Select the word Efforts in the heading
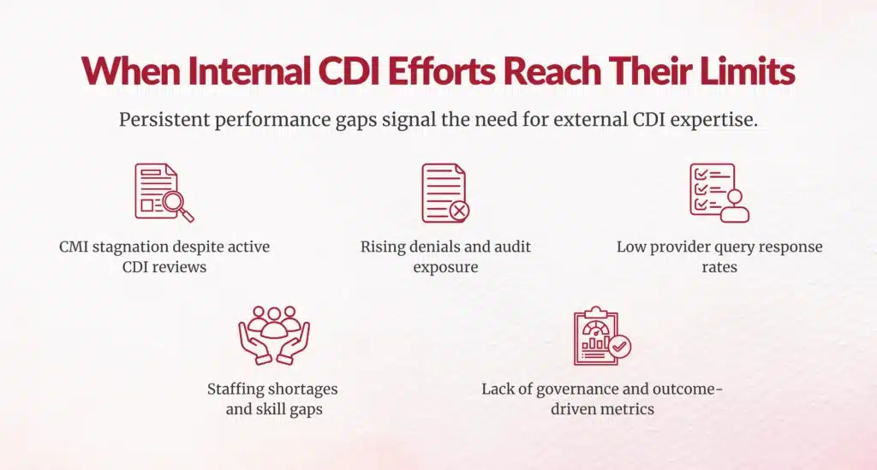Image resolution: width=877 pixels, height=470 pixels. (450, 71)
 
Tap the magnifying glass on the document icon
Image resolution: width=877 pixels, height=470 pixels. (179, 205)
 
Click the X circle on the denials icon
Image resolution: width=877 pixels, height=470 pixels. (459, 210)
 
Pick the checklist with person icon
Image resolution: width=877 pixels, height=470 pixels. (719, 193)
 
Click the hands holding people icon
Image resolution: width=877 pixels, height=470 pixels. (273, 335)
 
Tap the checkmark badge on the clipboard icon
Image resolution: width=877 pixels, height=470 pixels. (620, 348)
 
